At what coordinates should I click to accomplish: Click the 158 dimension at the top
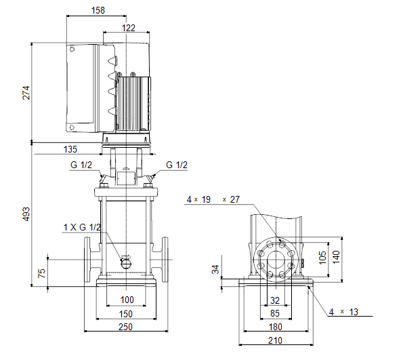(98, 10)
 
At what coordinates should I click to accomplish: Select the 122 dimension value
(129, 28)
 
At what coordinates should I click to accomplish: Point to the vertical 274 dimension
(26, 93)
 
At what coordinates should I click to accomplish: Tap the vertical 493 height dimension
(26, 214)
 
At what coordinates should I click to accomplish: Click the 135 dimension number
(70, 149)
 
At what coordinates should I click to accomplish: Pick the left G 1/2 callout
(81, 165)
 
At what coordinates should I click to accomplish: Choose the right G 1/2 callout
(177, 165)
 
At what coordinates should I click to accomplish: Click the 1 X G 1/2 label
(82, 227)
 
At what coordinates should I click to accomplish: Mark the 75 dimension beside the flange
(41, 273)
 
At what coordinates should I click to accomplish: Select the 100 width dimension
(127, 300)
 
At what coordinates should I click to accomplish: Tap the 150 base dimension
(126, 314)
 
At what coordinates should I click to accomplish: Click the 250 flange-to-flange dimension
(126, 327)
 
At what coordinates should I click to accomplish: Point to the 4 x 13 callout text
(343, 312)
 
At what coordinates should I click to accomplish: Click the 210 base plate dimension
(275, 340)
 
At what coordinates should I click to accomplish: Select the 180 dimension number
(275, 327)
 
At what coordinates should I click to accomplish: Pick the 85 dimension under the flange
(275, 313)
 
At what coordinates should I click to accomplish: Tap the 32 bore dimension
(275, 300)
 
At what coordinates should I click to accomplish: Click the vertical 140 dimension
(336, 257)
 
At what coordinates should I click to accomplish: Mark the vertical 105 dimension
(322, 258)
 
